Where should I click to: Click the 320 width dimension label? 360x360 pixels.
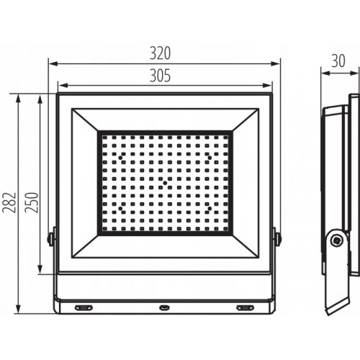coord(160,53)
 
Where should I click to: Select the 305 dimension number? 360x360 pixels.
coord(160,76)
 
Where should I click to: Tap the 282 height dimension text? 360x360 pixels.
coord(9,202)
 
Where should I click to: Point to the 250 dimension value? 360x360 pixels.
coord(32,202)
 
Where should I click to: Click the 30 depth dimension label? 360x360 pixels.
coord(338,61)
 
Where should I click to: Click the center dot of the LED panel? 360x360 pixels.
coord(165,183)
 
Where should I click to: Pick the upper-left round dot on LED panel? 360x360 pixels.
coord(120,158)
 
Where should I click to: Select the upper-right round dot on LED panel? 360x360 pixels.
coord(210,158)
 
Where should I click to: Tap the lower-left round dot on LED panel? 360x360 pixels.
coord(120,209)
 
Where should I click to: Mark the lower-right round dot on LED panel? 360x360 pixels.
coord(210,209)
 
